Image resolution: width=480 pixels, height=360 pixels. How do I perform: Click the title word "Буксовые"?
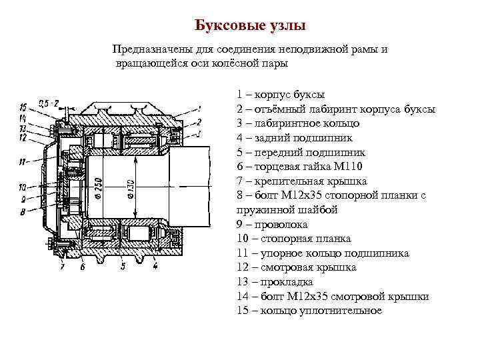225,26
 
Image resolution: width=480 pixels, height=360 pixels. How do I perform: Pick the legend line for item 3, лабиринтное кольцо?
298,123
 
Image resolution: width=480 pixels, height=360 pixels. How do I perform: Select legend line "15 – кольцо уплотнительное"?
309,311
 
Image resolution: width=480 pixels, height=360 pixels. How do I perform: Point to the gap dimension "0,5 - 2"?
49,103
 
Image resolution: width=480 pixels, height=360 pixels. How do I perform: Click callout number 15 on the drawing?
23,107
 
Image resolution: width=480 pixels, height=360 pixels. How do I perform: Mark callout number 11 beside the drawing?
22,162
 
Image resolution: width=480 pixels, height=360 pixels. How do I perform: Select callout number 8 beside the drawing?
22,213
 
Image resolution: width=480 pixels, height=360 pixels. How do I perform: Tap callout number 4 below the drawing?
155,266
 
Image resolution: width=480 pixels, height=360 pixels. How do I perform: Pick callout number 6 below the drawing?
83,267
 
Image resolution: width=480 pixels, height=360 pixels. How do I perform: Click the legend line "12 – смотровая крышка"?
296,267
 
